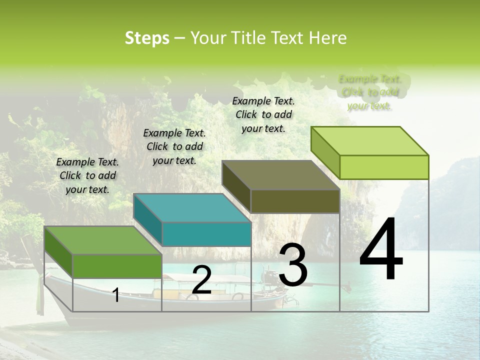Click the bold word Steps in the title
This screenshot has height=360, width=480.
pos(147,38)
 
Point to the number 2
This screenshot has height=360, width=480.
pos(201,280)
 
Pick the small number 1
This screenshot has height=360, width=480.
pos(116,295)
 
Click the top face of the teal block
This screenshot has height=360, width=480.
pos(191,207)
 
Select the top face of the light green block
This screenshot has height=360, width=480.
pos(369,141)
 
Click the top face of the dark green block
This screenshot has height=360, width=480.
pos(102,240)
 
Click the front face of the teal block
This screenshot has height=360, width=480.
pos(206,234)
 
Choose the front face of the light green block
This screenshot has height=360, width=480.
pos(384,167)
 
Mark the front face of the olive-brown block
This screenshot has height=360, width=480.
pos(295,201)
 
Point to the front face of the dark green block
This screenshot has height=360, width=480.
pos(117,266)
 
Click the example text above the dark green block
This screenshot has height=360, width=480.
pos(87,175)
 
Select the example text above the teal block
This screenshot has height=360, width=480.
pos(174,146)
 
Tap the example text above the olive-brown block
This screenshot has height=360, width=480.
pos(263,114)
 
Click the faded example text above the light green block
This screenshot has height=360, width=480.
pos(369,92)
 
